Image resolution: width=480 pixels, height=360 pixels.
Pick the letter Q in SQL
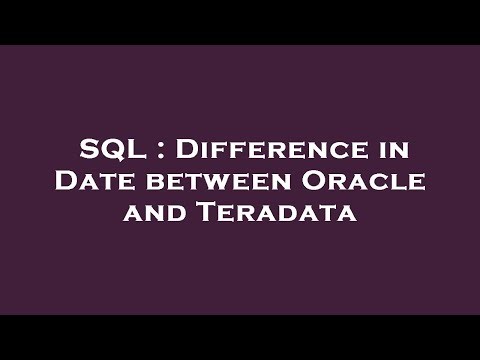tap(109, 152)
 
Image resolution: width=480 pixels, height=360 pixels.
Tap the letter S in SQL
tap(89, 151)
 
